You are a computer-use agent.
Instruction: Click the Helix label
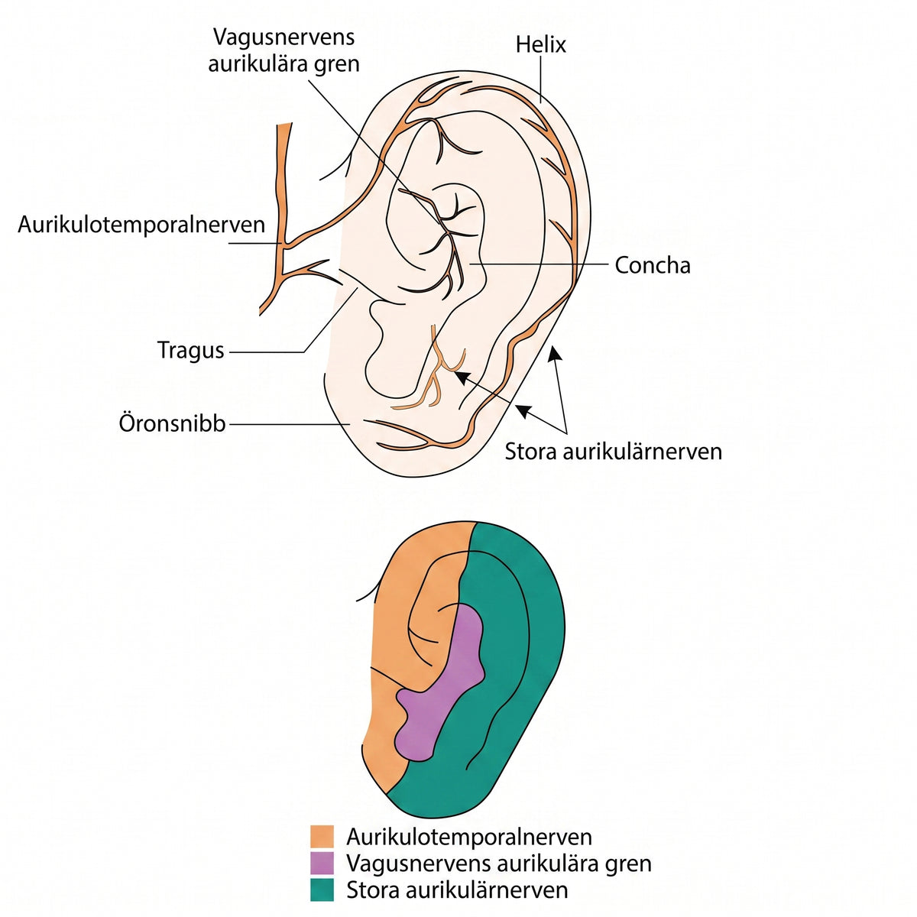tap(540, 45)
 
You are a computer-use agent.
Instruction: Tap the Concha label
tap(652, 265)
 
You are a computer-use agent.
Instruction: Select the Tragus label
tap(190, 351)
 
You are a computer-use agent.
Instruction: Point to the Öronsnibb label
tap(172, 423)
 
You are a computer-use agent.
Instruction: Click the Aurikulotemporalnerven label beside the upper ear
tap(141, 224)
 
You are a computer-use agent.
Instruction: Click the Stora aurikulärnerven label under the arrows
tap(614, 451)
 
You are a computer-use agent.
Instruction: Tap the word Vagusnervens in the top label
tap(284, 37)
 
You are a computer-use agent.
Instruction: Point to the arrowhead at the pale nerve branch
tap(460, 376)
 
